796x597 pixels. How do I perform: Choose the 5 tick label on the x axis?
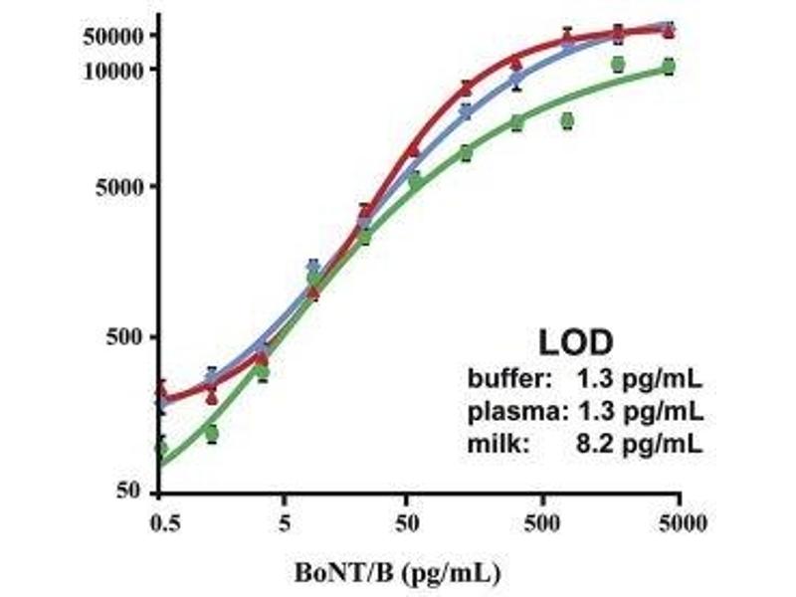coord(285,521)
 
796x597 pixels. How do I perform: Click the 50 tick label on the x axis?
coord(406,521)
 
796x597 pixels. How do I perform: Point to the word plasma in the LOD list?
coord(505,410)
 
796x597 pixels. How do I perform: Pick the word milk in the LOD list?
coord(490,443)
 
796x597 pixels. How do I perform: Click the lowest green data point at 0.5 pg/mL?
coord(160,447)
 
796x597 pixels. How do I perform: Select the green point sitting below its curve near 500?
coord(567,120)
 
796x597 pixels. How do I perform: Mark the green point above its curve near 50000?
coord(618,65)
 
